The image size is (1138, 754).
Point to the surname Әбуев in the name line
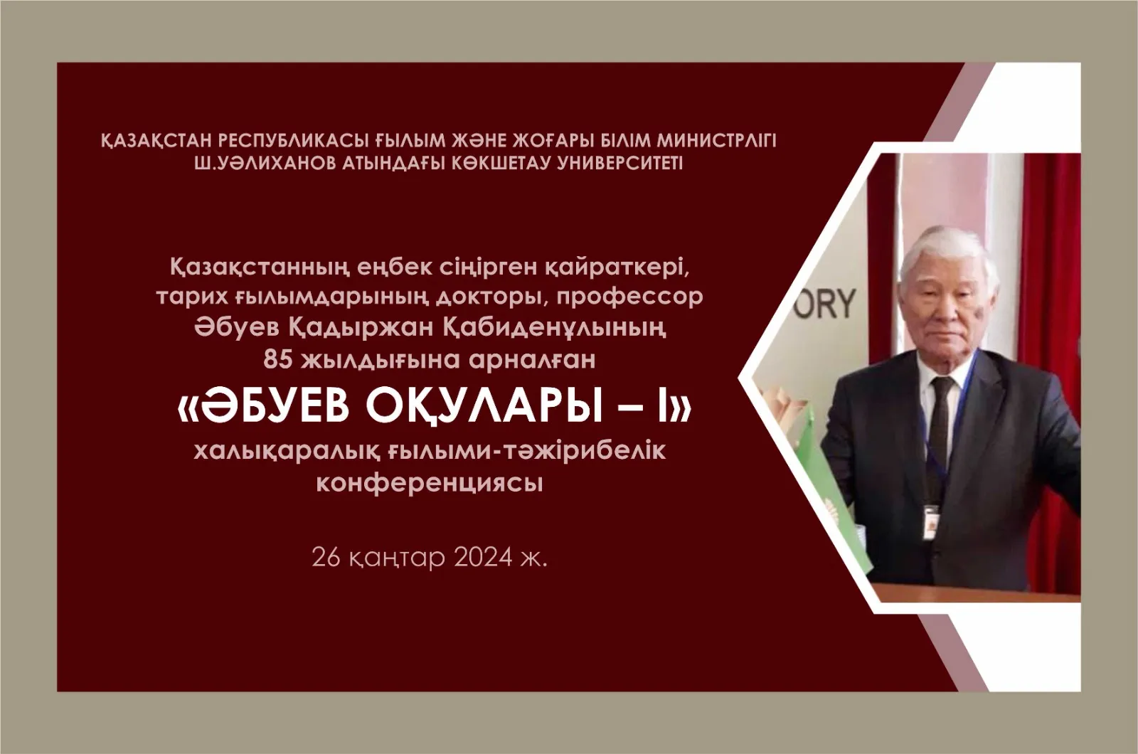coord(237,328)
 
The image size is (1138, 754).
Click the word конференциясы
coord(430,483)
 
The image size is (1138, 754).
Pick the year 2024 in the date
coord(483,558)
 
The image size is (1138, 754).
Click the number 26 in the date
coord(326,558)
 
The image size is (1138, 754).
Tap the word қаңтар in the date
coord(398,559)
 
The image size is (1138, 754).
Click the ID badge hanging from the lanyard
coord(931,522)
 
